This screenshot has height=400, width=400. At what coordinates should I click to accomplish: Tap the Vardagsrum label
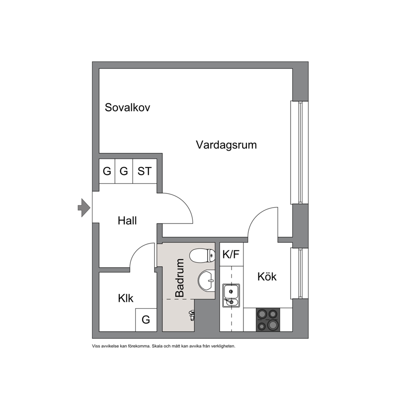click(x=226, y=145)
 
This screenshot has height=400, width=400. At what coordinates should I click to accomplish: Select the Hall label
click(x=127, y=221)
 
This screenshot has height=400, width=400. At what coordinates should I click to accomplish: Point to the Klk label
click(x=125, y=298)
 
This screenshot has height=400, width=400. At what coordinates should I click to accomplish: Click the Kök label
click(x=267, y=277)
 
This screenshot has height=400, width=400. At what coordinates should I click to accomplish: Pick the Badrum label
click(x=179, y=278)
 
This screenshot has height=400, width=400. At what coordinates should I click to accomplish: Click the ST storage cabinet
click(x=145, y=171)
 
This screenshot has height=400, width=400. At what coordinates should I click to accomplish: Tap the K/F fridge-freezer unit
click(x=231, y=254)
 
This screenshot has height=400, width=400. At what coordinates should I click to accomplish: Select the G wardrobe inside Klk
click(x=146, y=320)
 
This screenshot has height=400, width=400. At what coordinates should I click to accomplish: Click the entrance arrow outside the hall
click(x=84, y=208)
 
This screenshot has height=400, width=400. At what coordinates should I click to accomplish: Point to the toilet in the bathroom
click(x=202, y=256)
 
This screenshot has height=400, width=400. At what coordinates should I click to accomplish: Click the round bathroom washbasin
click(x=206, y=281)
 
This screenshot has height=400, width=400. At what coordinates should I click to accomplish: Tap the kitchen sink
click(x=231, y=296)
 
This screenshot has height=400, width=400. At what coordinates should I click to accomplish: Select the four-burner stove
click(x=268, y=320)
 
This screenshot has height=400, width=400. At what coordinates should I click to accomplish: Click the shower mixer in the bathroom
click(x=191, y=315)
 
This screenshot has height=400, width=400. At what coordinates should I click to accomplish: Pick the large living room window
click(x=300, y=152)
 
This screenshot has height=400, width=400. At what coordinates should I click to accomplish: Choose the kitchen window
click(x=300, y=273)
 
